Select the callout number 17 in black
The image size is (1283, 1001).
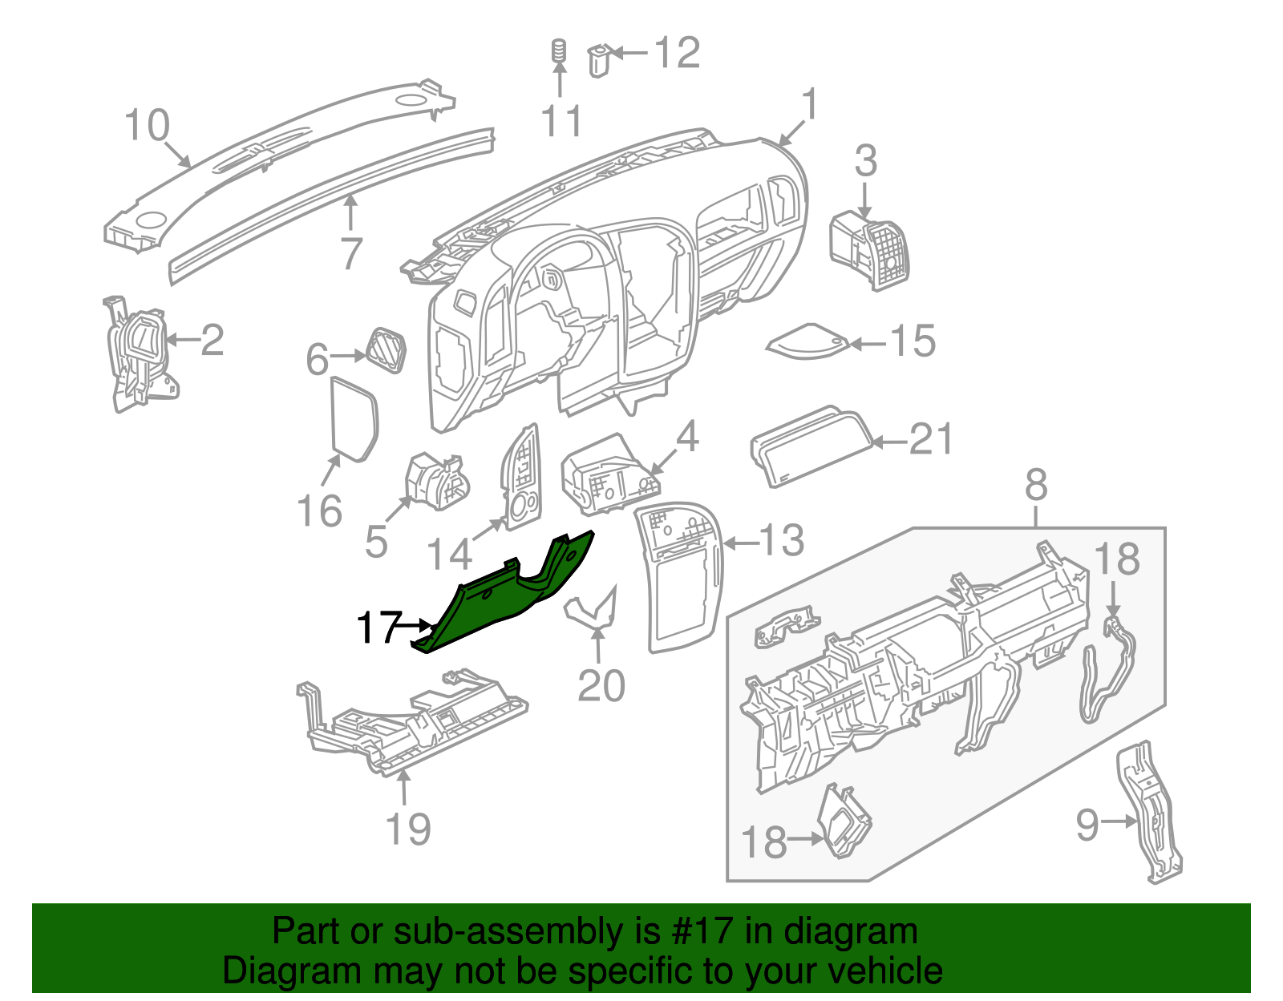378,628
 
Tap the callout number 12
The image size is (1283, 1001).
678,53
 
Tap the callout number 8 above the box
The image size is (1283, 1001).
1036,486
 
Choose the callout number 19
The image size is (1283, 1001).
408,829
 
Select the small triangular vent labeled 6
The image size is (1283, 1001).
387,350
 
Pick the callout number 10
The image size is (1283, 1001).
148,126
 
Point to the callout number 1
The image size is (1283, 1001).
811,105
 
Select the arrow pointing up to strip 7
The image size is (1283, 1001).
350,213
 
